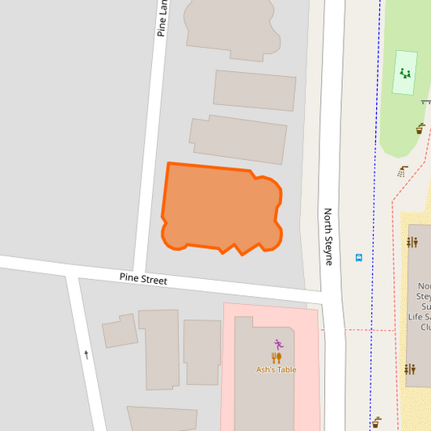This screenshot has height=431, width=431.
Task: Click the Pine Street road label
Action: click(143, 279)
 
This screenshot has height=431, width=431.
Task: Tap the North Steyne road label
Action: click(328, 236)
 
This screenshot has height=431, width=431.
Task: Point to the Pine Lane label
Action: click(163, 18)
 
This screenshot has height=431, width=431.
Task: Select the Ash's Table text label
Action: click(276, 370)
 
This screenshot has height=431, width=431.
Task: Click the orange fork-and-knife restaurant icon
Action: click(276, 357)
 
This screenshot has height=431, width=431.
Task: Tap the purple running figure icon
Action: click(278, 344)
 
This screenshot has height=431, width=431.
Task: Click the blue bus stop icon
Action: click(358, 258)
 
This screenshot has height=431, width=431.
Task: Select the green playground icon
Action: click(405, 74)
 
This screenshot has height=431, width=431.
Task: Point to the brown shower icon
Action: click(403, 171)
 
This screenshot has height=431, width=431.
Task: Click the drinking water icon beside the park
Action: click(420, 128)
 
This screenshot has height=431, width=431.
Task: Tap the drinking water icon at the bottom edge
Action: click(376, 421)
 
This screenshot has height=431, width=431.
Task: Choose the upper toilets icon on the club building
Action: click(412, 242)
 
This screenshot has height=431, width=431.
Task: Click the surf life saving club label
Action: click(424, 306)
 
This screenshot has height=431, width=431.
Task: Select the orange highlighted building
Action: click(221, 209)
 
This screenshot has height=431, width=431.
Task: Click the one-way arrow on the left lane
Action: click(87, 353)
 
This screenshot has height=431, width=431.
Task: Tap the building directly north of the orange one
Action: click(239, 139)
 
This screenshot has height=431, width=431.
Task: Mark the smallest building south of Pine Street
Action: click(120, 331)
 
